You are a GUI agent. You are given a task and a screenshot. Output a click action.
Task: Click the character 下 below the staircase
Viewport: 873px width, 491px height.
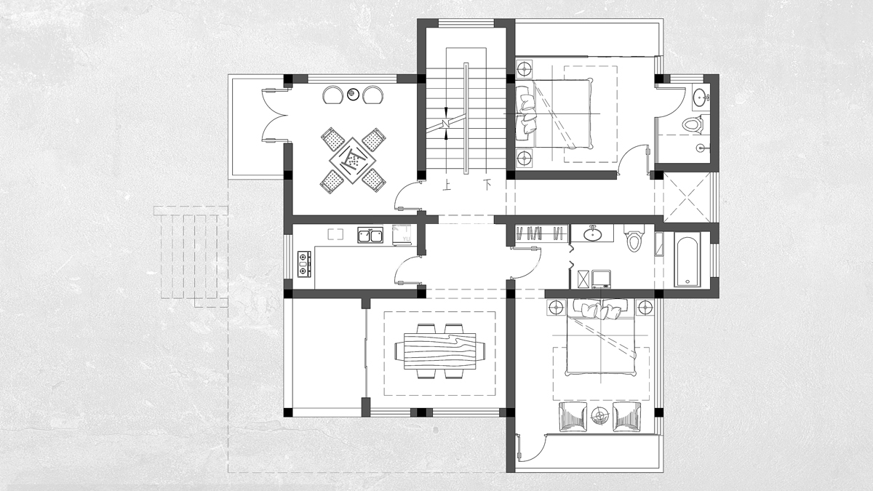tap(487, 184)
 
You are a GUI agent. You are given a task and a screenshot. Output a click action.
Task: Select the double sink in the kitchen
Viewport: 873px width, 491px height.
tap(370, 236)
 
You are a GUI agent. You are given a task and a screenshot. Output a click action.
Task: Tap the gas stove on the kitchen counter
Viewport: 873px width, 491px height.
tap(304, 264)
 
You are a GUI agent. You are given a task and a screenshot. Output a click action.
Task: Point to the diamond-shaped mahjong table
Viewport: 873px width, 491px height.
tap(353, 160)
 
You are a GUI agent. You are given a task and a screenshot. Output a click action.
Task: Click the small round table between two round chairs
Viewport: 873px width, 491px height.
tap(353, 94)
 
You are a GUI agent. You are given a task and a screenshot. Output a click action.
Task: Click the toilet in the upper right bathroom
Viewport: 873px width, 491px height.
tap(692, 124)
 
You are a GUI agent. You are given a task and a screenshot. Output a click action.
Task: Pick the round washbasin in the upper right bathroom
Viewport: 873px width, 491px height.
tap(701, 96)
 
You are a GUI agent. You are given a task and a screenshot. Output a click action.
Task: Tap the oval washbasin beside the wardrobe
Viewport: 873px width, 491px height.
tap(592, 233)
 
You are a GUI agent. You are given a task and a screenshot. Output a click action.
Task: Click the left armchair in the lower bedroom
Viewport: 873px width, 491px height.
tap(573, 417)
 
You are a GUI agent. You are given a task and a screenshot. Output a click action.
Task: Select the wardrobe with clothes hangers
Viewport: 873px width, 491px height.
tap(541, 233)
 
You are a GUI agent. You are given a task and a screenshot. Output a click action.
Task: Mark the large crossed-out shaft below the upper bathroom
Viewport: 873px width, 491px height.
tap(687, 198)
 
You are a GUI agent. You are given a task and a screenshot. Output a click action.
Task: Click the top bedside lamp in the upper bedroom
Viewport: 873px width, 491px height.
tap(525, 69)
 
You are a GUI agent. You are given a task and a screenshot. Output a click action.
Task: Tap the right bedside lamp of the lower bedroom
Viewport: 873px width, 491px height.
tap(645, 307)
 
